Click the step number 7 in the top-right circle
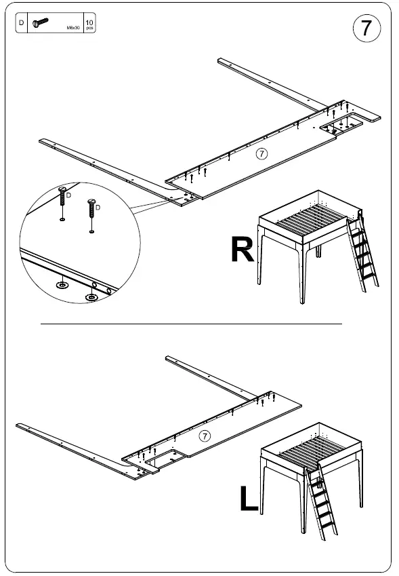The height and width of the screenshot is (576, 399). pos(366,28)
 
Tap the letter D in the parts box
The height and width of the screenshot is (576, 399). pos(21,23)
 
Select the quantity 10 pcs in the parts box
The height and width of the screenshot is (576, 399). pos(89,24)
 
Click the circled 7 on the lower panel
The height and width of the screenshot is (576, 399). pos(205,436)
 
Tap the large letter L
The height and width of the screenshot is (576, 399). pos(249,499)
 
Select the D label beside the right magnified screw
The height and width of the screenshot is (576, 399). pos(98,206)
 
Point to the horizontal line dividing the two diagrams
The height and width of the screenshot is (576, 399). pos(191,325)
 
